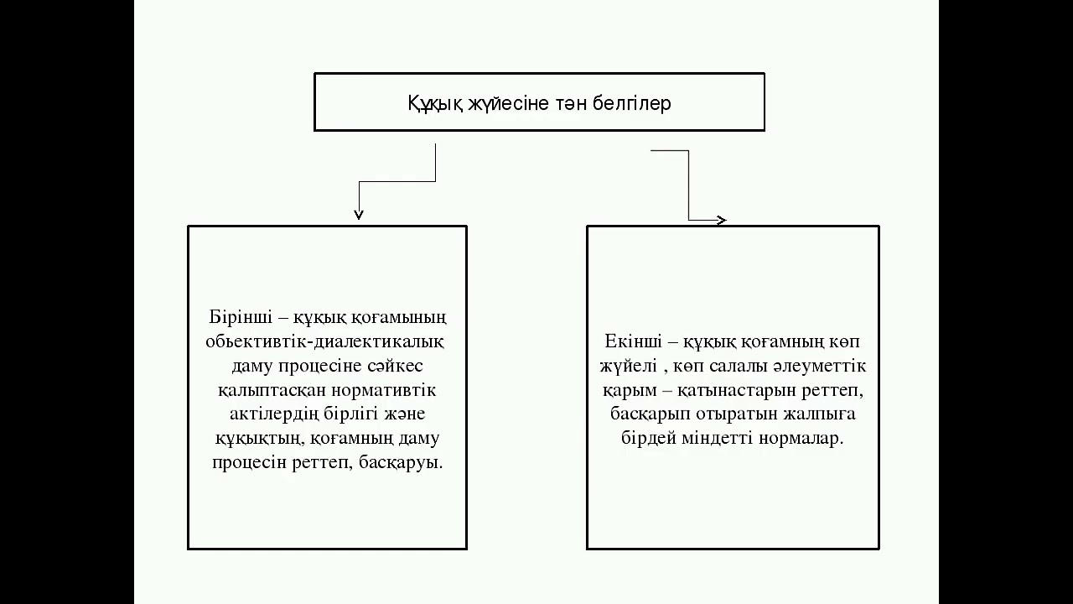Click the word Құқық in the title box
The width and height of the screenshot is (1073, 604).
[435, 104]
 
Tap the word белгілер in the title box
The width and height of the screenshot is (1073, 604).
[631, 103]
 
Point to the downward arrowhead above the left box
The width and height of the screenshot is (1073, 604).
[359, 215]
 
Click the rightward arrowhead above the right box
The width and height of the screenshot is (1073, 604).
[722, 220]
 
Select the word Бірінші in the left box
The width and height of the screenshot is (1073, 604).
[241, 317]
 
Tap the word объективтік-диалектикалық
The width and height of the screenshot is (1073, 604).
[324, 342]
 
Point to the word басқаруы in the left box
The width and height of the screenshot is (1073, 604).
[401, 463]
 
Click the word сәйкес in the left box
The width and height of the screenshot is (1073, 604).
[395, 367]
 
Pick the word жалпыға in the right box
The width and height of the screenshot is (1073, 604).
[820, 414]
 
